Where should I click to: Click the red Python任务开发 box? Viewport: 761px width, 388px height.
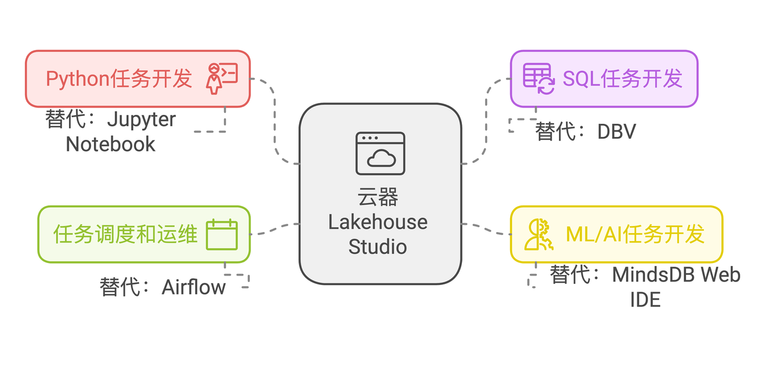[137, 79]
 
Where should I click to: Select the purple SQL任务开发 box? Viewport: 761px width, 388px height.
[603, 79]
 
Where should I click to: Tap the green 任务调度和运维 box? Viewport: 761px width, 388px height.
[143, 234]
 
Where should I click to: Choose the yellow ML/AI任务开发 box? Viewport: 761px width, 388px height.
[616, 234]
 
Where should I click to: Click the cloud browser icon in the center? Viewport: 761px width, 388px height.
[380, 154]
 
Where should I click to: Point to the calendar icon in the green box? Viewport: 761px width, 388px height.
[222, 234]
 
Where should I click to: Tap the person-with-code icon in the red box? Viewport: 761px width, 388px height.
[221, 79]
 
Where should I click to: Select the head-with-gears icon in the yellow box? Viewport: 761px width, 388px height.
[538, 234]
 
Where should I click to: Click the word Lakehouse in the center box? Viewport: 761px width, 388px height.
[378, 222]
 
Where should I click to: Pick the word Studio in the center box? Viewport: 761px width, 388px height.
[378, 246]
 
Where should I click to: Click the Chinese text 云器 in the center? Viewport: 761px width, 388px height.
[378, 197]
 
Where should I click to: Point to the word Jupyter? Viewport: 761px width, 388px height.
[141, 120]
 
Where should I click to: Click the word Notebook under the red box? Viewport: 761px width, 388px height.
[111, 144]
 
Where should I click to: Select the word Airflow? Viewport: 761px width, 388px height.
[194, 287]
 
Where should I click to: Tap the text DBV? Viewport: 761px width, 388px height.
[617, 132]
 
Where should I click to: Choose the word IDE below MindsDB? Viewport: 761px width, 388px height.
[645, 299]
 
